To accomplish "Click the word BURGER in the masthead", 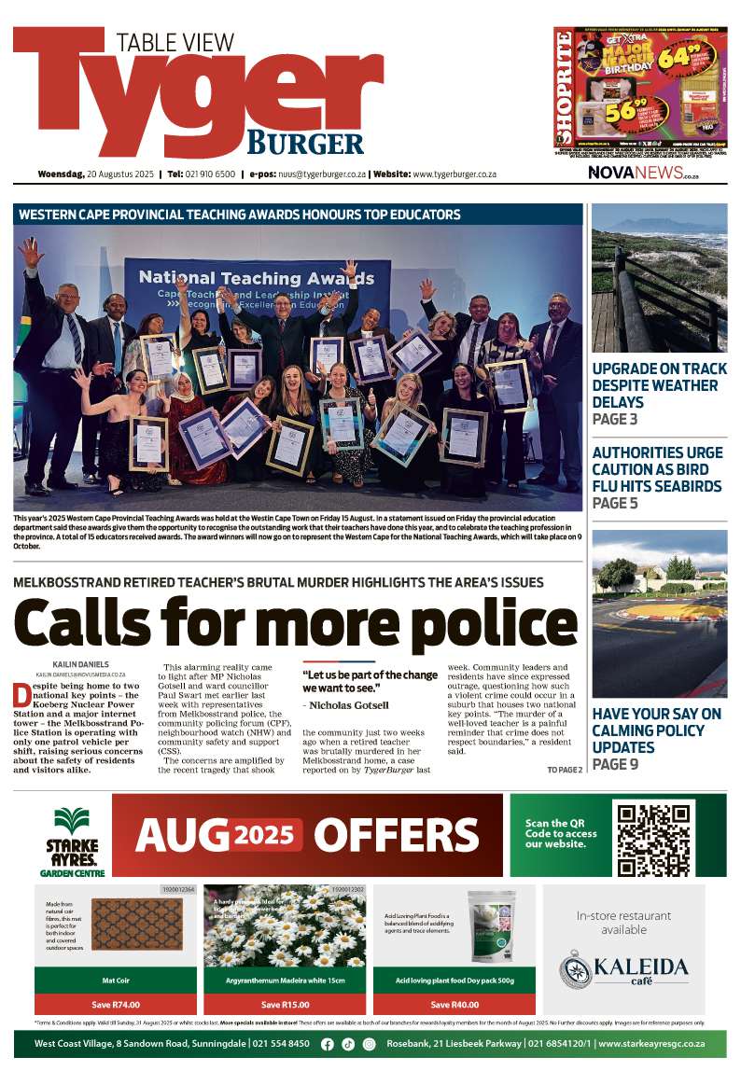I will [304, 143].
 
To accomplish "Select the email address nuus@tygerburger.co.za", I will [312, 174].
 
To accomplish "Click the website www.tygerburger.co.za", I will [454, 174].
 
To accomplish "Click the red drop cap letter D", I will [21, 695].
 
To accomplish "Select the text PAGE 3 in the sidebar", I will [614, 420].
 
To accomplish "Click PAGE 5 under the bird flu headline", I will [614, 504].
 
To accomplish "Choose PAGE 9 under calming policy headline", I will [614, 765].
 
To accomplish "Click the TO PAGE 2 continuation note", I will [564, 771].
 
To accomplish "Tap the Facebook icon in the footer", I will [327, 1044].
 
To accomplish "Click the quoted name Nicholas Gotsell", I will [348, 705].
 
